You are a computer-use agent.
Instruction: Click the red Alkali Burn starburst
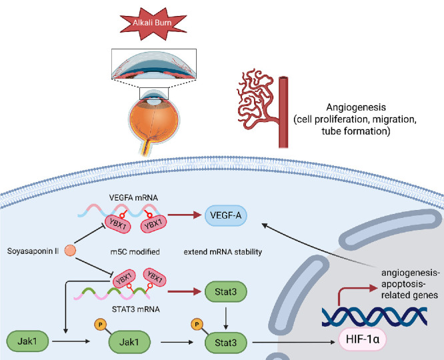pos(153,23)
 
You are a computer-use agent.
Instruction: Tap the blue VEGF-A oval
pos(226,215)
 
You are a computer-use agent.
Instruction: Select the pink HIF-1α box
pos(363,339)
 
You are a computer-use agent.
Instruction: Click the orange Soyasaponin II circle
pos(70,251)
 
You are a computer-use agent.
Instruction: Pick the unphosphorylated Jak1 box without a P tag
pos(27,341)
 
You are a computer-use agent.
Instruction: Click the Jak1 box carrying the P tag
pos(129,342)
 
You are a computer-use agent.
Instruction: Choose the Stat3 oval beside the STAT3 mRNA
pos(226,291)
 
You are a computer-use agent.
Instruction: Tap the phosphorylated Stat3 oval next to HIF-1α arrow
pos(226,343)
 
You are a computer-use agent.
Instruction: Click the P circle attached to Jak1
pos(100,324)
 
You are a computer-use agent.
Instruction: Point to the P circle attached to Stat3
pos(197,324)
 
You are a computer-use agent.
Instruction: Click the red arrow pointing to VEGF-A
pos(185,215)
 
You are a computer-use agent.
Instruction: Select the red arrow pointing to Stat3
pos(185,291)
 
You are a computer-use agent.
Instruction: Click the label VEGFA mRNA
pos(133,198)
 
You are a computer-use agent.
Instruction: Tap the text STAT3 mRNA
pos(135,309)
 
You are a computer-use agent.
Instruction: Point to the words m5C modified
pos(135,252)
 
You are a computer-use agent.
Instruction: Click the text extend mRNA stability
pos(223,252)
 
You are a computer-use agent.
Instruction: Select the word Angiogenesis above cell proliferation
pos(356,107)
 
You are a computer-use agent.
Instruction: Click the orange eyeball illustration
pos(154,122)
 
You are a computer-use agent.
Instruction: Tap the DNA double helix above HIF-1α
pos(375,316)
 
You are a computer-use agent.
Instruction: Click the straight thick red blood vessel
pos(283,112)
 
